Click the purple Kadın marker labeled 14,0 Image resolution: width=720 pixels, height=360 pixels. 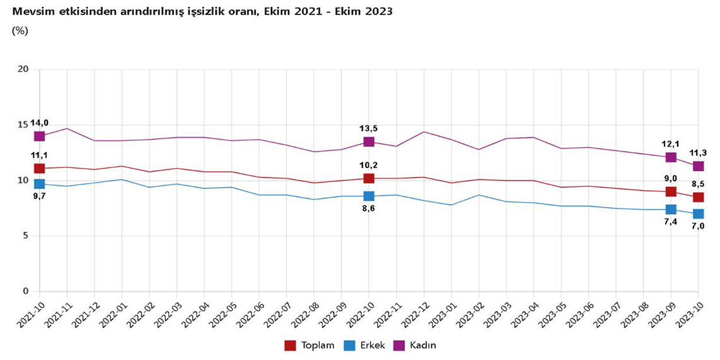click(x=39, y=136)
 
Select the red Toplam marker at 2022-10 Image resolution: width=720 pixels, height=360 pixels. click(x=369, y=179)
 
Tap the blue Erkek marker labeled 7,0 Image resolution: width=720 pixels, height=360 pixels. click(x=698, y=213)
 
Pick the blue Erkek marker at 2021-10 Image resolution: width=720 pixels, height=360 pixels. click(x=39, y=184)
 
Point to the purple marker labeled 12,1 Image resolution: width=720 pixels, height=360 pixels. click(x=671, y=157)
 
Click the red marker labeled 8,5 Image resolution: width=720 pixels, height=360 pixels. click(x=698, y=197)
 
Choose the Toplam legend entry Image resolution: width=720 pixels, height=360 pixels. click(x=309, y=345)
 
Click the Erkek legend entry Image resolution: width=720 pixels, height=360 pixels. click(x=364, y=345)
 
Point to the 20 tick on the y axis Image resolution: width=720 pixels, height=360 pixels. click(x=24, y=69)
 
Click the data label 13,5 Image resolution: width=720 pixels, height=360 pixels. click(x=369, y=129)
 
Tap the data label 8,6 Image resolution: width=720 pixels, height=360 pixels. click(x=369, y=208)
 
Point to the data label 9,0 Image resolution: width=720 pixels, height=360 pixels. click(x=671, y=179)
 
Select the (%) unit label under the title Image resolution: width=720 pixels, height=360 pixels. click(x=20, y=30)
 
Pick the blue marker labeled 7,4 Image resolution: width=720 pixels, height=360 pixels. click(x=671, y=210)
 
